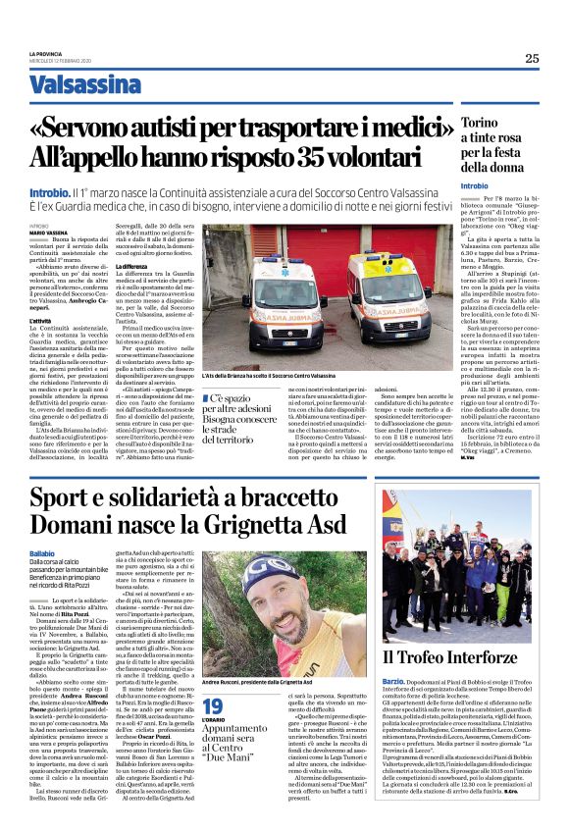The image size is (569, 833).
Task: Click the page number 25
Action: [531, 58]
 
